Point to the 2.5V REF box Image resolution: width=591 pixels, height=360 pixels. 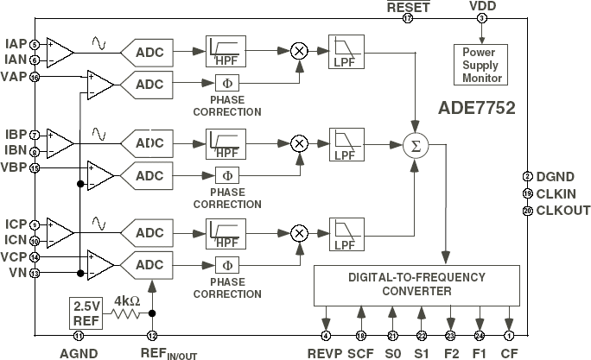86,313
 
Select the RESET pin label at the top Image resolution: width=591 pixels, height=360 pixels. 408,7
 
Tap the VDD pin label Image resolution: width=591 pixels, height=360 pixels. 482,6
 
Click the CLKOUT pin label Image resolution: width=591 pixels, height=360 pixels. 563,210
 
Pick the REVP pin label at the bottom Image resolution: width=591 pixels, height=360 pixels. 326,352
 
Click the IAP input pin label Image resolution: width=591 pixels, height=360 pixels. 15,44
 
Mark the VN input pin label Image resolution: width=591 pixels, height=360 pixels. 16,273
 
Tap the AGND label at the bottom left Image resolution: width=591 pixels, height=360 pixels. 79,352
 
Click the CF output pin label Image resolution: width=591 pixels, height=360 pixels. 510,352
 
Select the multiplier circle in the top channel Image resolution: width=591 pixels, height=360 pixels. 300,50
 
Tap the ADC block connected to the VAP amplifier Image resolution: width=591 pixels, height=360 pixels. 149,85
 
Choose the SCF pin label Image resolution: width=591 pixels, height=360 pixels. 361,352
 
